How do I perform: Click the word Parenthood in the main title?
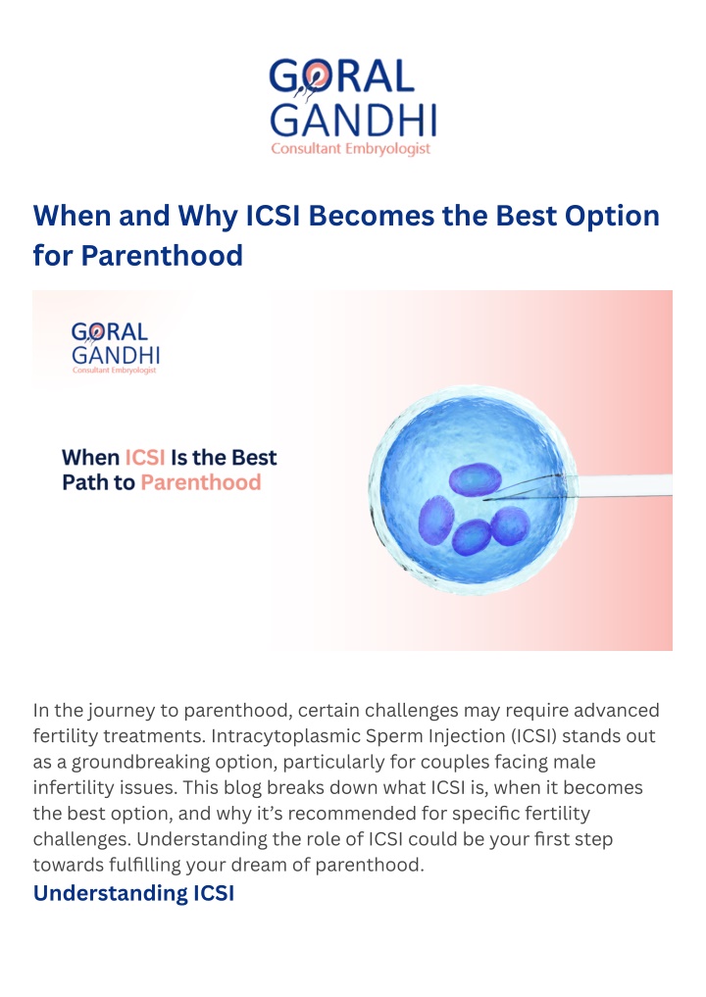(162, 256)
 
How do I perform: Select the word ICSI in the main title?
(273, 216)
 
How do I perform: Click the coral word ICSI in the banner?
(145, 458)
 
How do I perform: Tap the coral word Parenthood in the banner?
(201, 482)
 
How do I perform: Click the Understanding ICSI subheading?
(133, 893)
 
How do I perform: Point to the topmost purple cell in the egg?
(476, 479)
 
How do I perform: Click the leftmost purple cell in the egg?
(436, 521)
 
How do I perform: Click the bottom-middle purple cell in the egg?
(472, 538)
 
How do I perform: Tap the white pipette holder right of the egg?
(625, 485)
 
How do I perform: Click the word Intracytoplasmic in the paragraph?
(286, 736)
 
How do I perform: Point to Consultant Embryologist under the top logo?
(350, 149)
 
